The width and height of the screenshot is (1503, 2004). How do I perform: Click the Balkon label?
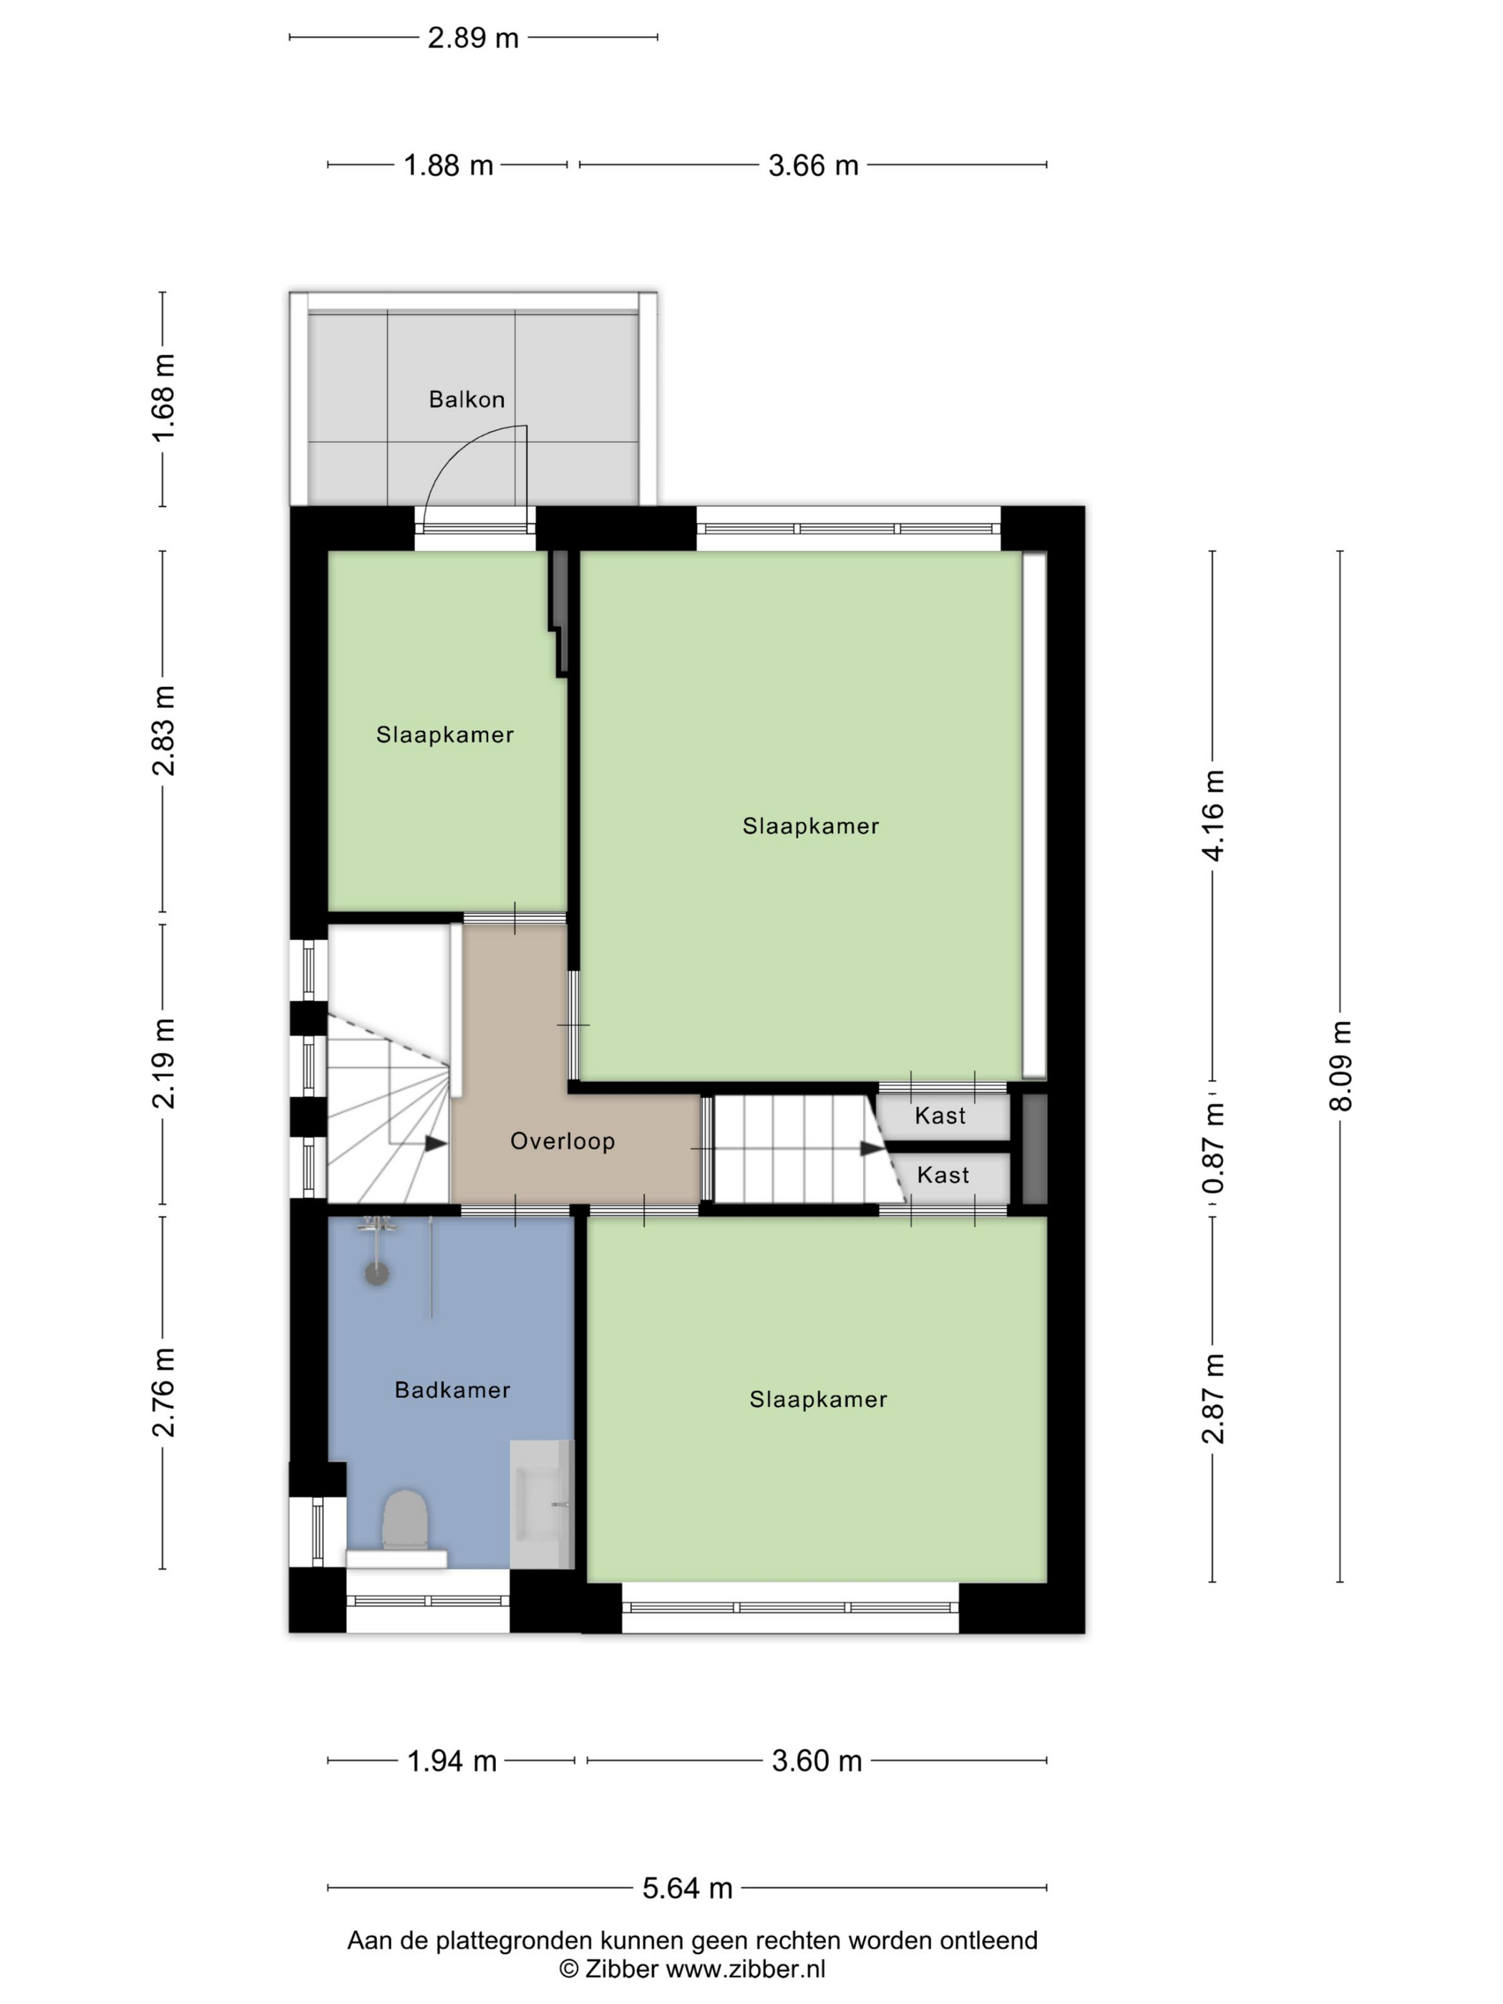coord(467,399)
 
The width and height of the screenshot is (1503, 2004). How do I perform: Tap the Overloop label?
coord(563,1142)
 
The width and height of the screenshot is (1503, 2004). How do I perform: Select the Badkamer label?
coord(452,1390)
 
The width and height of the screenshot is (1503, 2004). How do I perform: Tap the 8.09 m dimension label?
coord(1340,1066)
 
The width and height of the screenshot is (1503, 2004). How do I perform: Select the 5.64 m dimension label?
coord(688,1888)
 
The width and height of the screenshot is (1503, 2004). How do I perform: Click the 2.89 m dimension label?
coord(473,38)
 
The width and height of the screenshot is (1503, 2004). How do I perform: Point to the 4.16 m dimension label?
coord(1212,815)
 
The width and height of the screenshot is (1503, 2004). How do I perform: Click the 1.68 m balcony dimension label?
coord(163,399)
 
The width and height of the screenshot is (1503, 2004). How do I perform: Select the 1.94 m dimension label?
coord(452,1761)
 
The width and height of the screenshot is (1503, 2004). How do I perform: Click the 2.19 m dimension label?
coord(163,1064)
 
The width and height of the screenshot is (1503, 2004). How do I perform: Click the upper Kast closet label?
coord(940,1116)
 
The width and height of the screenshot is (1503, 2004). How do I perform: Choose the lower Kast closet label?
coord(943,1176)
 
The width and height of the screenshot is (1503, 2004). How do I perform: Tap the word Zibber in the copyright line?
coord(621,1969)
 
